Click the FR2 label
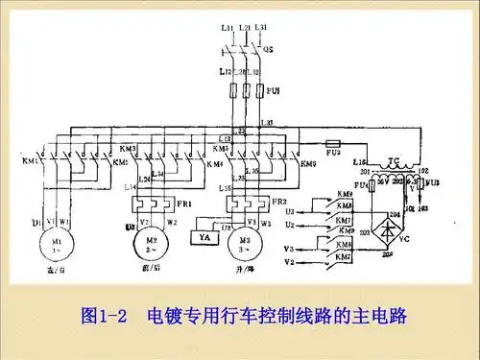click(x=276, y=204)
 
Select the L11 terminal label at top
click(x=226, y=30)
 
